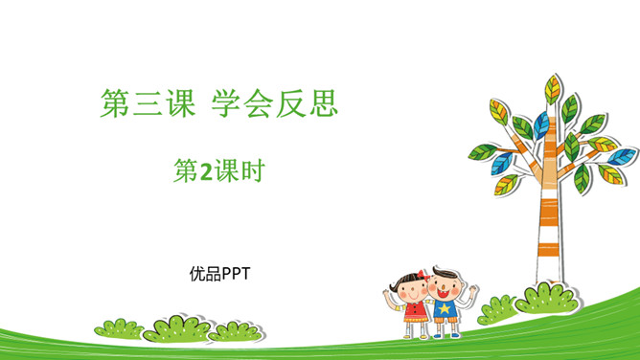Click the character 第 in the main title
click(x=116, y=104)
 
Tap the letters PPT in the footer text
click(x=236, y=274)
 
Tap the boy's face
click(x=445, y=286)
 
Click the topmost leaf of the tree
click(x=553, y=88)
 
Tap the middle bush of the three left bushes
click(x=176, y=328)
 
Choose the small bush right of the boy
click(x=498, y=308)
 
